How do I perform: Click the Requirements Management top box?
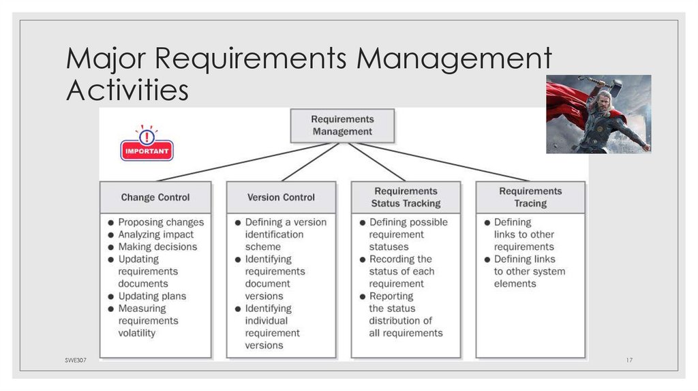pos(342,125)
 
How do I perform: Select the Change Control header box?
pos(155,198)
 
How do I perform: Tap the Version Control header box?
pos(281,198)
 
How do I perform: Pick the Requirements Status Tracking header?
pos(406,198)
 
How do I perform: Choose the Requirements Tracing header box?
pos(530,198)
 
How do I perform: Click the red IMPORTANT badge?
pos(147,150)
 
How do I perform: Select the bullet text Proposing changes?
pos(161,222)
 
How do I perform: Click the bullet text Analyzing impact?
pos(156,234)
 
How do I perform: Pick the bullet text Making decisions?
pos(157,247)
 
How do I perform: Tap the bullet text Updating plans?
pos(152,296)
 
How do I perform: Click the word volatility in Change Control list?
pos(137,333)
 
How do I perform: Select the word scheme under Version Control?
pos(263,247)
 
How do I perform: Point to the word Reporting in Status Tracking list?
pos(391,296)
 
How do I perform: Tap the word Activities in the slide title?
pos(127,90)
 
